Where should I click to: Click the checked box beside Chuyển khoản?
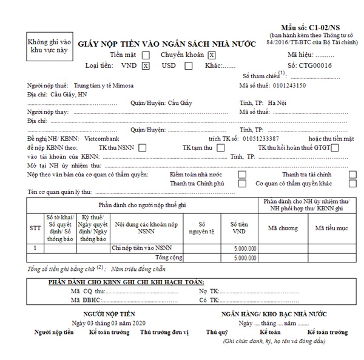[211, 55]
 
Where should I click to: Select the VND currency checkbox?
[146, 66]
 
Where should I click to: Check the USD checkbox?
[189, 66]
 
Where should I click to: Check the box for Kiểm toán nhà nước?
[242, 175]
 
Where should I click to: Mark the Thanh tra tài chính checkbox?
[353, 175]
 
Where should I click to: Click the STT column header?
[35, 228]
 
